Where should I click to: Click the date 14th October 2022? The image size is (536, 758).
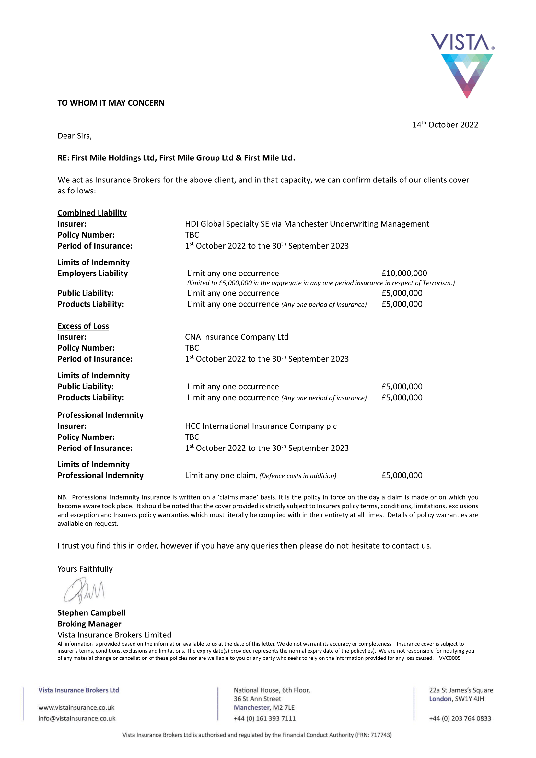click(x=445, y=125)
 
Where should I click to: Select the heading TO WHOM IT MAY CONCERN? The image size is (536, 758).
click(x=111, y=103)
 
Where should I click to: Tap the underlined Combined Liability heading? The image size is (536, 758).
click(x=92, y=213)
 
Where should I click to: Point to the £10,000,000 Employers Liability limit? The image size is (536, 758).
click(x=404, y=274)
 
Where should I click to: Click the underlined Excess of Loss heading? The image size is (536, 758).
click(x=83, y=326)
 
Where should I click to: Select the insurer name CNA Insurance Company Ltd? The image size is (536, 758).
click(x=237, y=337)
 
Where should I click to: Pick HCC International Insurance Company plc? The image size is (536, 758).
click(x=261, y=426)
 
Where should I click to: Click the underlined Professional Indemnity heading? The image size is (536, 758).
click(x=100, y=415)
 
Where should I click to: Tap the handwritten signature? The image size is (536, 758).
click(x=84, y=591)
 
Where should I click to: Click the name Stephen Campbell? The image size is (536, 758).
click(x=91, y=613)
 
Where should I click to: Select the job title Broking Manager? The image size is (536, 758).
click(x=89, y=624)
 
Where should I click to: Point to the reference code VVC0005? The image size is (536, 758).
click(x=449, y=658)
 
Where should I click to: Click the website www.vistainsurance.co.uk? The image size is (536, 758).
click(x=76, y=708)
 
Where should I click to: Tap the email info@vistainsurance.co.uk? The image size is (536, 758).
click(x=77, y=719)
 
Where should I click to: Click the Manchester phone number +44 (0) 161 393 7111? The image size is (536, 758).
click(x=265, y=719)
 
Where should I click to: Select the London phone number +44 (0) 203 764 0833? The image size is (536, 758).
click(x=460, y=719)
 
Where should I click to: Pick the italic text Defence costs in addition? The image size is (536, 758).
click(x=298, y=476)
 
